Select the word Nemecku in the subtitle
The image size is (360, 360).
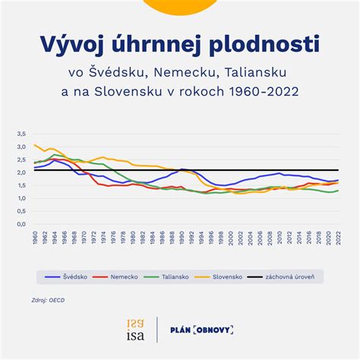pos(194,74)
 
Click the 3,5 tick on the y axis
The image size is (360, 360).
pos(20,134)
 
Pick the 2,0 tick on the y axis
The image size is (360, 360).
pos(20,172)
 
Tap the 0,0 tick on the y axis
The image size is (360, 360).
pos(20,224)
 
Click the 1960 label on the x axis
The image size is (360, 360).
pos(35,238)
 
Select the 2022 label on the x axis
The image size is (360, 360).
pos(338,238)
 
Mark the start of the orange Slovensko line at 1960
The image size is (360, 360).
pos(35,145)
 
